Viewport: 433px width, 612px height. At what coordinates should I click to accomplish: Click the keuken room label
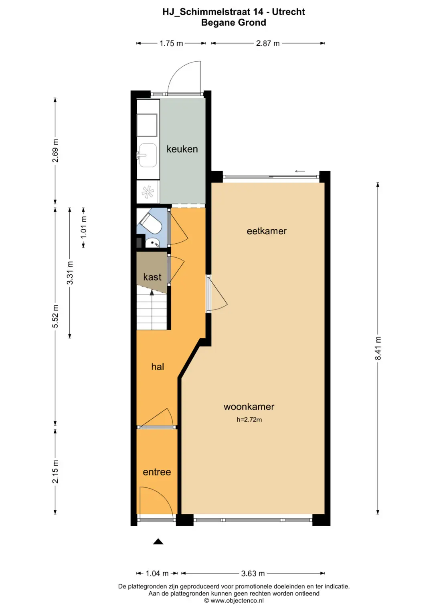pyautogui.click(x=182, y=149)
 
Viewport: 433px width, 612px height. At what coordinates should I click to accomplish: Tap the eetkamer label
pyautogui.click(x=267, y=231)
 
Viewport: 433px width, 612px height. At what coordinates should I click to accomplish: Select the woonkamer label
pyautogui.click(x=249, y=406)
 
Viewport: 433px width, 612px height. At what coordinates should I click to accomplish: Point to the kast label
pyautogui.click(x=152, y=277)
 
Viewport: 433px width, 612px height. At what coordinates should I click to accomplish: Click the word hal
pyautogui.click(x=158, y=367)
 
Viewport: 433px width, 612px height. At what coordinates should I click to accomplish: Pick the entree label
pyautogui.click(x=157, y=472)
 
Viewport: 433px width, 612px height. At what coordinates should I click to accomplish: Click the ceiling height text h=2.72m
pyautogui.click(x=249, y=419)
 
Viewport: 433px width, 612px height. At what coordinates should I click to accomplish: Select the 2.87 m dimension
pyautogui.click(x=268, y=43)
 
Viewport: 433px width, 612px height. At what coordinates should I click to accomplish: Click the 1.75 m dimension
pyautogui.click(x=171, y=43)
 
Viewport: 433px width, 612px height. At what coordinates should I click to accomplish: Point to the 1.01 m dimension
pyautogui.click(x=84, y=227)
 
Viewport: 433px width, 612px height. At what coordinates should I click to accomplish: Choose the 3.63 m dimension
pyautogui.click(x=253, y=573)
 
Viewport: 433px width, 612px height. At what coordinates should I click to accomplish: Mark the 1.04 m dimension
pyautogui.click(x=157, y=573)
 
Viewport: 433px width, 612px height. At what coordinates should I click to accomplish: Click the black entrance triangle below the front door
pyautogui.click(x=158, y=541)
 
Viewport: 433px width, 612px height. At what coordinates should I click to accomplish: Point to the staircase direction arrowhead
pyautogui.click(x=152, y=293)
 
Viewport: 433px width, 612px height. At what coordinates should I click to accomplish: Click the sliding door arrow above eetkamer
pyautogui.click(x=300, y=171)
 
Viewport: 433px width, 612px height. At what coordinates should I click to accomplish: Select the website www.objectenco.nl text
pyautogui.click(x=237, y=600)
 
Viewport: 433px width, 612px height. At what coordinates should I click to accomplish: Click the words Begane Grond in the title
pyautogui.click(x=233, y=22)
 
